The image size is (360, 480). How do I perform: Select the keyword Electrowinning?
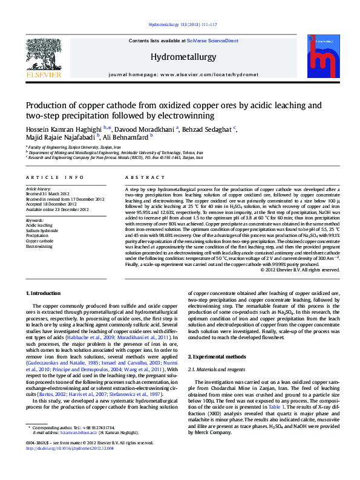(39, 247)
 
